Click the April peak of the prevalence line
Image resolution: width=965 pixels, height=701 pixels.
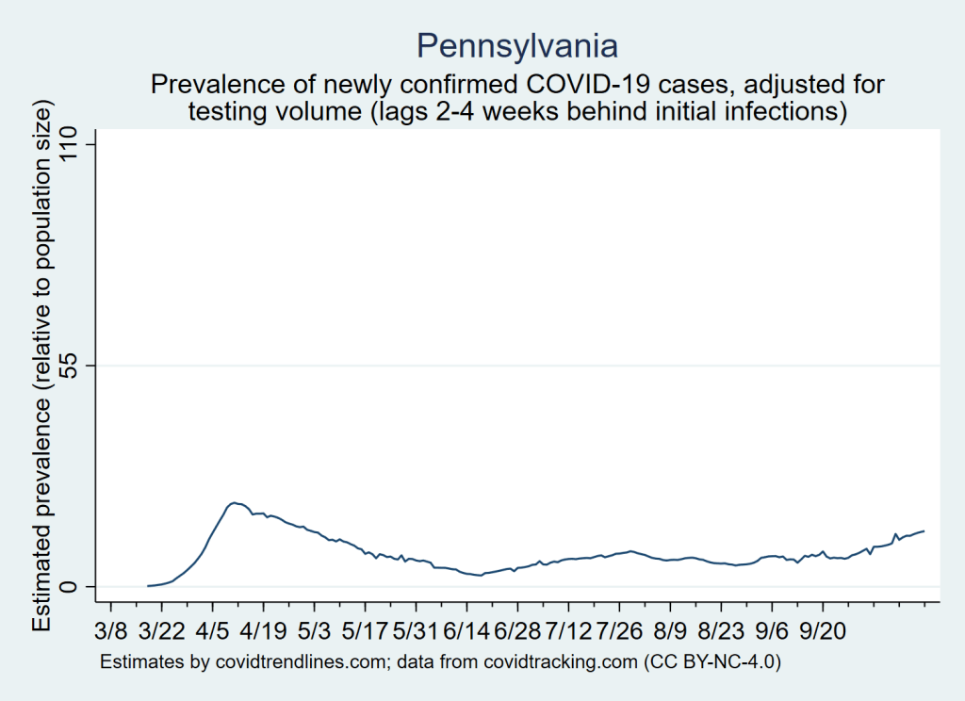(x=234, y=503)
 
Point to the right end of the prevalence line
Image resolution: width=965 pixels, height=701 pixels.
(x=924, y=530)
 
